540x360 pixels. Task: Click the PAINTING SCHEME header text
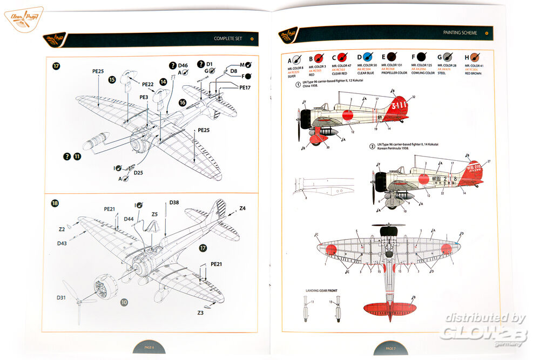coord(460,33)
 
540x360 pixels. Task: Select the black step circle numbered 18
coord(55,203)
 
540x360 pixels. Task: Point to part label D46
coord(183,65)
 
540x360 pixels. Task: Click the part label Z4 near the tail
coord(242,208)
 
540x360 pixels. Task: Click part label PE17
coord(245,87)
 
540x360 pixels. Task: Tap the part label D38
coord(174,202)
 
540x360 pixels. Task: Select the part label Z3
coord(200,313)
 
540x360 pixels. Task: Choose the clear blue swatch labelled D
coord(367,58)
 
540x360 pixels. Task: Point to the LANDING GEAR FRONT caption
coord(321,291)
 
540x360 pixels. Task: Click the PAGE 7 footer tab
coord(391,349)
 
